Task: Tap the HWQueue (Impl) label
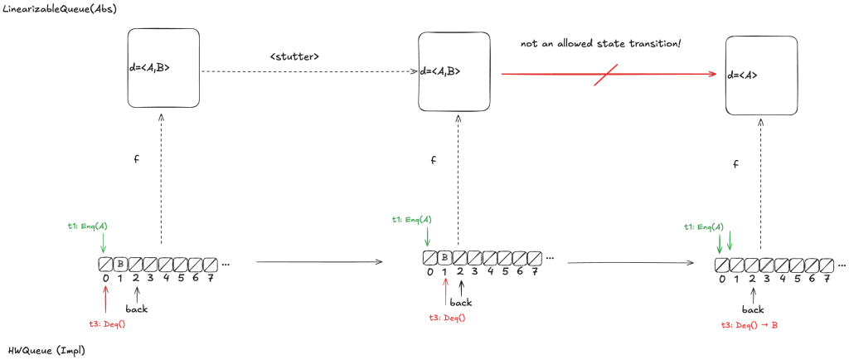pos(46,350)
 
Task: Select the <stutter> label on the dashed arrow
pos(294,56)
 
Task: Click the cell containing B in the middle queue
pos(444,257)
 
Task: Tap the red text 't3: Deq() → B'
pos(750,324)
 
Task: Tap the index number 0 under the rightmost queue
pos(722,280)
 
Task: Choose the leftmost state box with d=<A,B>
pos(163,68)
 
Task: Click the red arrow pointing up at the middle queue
pos(446,291)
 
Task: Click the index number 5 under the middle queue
pos(505,271)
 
